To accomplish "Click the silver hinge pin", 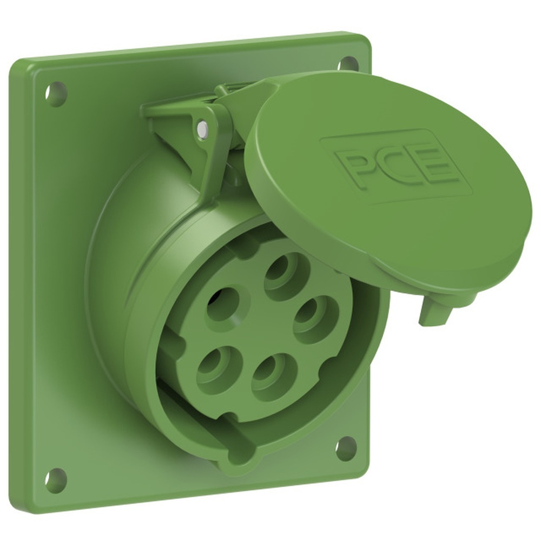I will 201,129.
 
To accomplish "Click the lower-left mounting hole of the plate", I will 55,479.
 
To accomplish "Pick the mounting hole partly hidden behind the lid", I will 348,63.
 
